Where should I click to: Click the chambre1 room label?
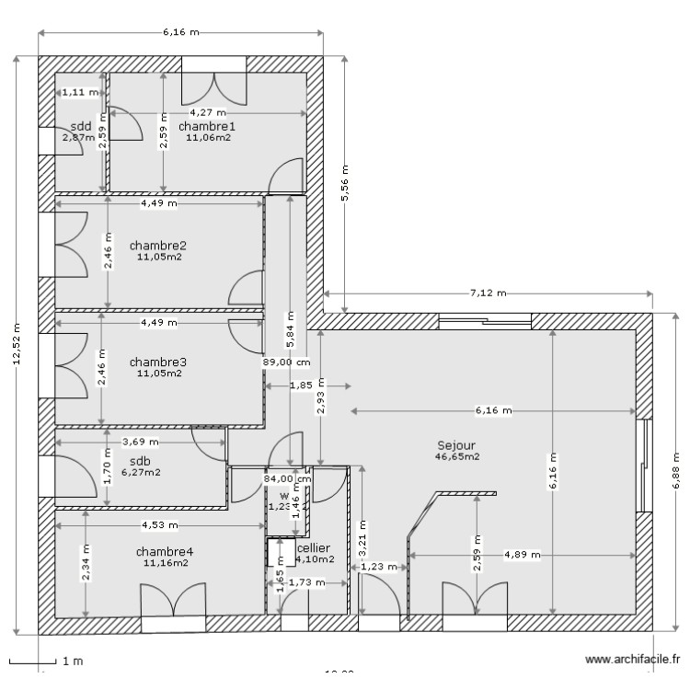(x=207, y=126)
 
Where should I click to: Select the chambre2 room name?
(x=158, y=246)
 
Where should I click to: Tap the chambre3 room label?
(x=158, y=362)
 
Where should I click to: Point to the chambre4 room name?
(x=165, y=552)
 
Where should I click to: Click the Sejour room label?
(x=457, y=444)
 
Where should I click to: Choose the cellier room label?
(x=314, y=547)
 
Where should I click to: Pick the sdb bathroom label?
(x=140, y=461)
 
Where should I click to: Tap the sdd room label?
(x=80, y=126)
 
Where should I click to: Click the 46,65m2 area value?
(x=457, y=455)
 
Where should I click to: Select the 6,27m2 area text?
(x=140, y=473)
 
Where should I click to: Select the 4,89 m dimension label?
(x=522, y=555)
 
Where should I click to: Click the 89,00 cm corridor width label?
(x=285, y=362)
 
